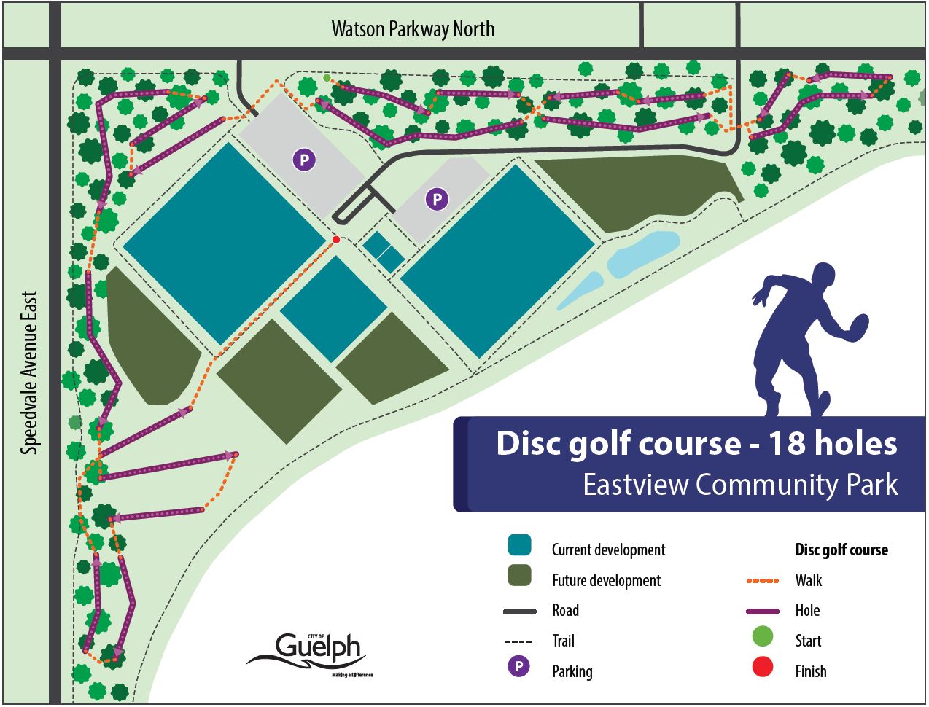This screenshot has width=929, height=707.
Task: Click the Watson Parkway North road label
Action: [x=413, y=29]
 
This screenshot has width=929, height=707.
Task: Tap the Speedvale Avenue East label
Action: [x=30, y=373]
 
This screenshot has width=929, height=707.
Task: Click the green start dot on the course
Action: [x=327, y=78]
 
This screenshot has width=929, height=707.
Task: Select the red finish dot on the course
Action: [x=336, y=240]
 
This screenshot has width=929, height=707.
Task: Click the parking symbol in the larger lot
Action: [x=304, y=160]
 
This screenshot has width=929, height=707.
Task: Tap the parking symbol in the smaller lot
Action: [x=437, y=199]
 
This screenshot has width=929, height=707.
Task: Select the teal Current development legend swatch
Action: [x=519, y=545]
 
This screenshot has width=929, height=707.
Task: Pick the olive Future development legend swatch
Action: [x=519, y=576]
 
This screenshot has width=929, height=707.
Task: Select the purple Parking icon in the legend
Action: [x=518, y=666]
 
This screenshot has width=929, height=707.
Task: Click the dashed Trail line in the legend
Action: [x=518, y=641]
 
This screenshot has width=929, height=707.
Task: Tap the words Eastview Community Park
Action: [x=739, y=485]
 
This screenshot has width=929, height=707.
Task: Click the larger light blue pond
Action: [x=644, y=254]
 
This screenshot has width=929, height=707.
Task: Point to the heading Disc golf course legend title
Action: [x=841, y=550]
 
